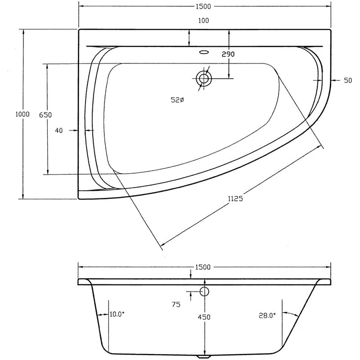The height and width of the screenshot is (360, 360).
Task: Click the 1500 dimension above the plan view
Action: click(x=204, y=6)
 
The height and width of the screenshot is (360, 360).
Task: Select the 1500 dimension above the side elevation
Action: click(x=204, y=267)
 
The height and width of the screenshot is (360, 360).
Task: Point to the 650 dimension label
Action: click(x=45, y=115)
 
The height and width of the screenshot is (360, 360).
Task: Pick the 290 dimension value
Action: click(x=229, y=54)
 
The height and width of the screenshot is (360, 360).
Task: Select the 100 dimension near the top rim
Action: click(x=203, y=21)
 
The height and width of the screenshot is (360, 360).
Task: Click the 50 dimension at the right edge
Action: click(x=347, y=81)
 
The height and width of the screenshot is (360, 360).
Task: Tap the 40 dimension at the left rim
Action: click(x=58, y=130)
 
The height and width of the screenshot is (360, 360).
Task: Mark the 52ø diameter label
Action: click(x=177, y=101)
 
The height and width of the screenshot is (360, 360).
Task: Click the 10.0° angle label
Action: click(x=117, y=315)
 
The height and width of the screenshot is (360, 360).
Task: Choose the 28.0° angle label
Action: click(x=267, y=316)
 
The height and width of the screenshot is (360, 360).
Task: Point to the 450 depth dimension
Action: click(x=205, y=317)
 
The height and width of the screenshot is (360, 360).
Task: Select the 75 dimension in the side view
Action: click(x=176, y=305)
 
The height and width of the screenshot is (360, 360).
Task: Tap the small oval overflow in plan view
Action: click(x=204, y=52)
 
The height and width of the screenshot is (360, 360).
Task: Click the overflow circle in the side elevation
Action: click(x=204, y=291)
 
